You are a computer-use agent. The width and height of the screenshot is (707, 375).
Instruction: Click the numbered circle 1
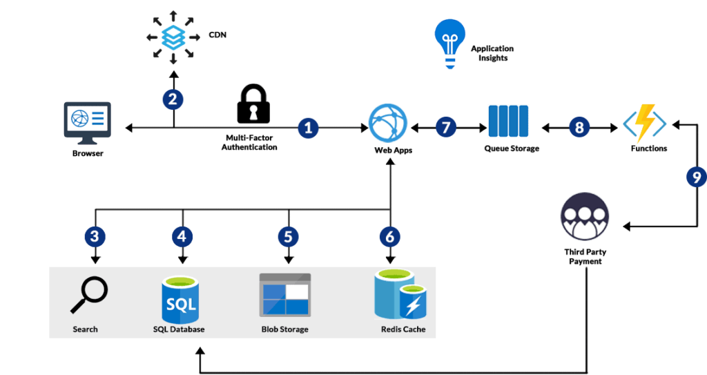pyautogui.click(x=308, y=127)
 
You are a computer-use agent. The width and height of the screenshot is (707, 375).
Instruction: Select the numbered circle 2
pyautogui.click(x=173, y=99)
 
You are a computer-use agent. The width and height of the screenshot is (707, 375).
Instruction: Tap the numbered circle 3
pyautogui.click(x=95, y=236)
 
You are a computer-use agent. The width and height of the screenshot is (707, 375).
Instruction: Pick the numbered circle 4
pyautogui.click(x=182, y=236)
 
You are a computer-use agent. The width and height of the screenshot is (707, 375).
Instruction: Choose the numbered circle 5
pyautogui.click(x=288, y=236)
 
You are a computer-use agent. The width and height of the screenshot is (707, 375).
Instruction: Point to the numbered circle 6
pyautogui.click(x=389, y=236)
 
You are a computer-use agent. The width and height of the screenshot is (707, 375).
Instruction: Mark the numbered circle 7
pyautogui.click(x=446, y=127)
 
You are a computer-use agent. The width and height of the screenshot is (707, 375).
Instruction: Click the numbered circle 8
pyautogui.click(x=579, y=127)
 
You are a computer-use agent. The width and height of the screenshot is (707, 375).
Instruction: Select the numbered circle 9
pyautogui.click(x=696, y=177)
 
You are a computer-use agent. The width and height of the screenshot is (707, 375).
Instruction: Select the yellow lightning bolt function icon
pyautogui.click(x=645, y=124)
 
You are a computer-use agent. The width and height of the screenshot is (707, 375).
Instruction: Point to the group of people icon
pyautogui.click(x=584, y=216)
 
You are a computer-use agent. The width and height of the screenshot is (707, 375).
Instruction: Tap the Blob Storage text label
pyautogui.click(x=284, y=329)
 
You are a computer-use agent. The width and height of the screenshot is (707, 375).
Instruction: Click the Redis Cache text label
pyautogui.click(x=403, y=329)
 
